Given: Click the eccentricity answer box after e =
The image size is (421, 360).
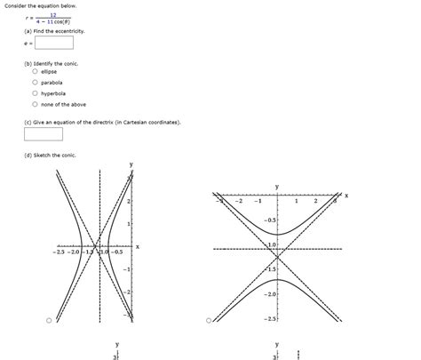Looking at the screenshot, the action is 55,41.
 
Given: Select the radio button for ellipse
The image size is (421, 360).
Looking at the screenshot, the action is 35,72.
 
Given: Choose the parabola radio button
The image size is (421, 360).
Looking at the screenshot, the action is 35,83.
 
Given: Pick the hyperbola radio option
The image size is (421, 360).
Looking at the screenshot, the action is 35,93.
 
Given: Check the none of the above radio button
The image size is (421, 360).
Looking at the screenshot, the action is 35,104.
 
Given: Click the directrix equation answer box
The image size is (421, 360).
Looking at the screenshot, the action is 44,134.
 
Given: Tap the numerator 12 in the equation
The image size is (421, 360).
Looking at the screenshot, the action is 53,15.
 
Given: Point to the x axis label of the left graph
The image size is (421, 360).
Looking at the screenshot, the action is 138,246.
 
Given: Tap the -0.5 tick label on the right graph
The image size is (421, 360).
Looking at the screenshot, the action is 270,220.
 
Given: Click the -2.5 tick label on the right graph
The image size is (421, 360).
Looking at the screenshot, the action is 270,317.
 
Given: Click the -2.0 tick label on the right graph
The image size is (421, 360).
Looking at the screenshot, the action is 270,293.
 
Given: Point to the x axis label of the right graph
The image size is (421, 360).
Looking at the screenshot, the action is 346,196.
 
